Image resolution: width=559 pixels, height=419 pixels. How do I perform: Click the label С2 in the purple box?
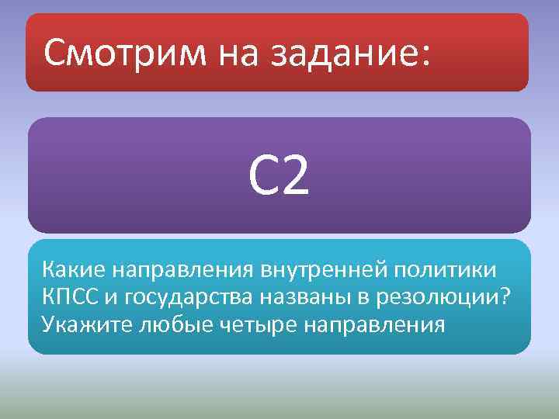click(279, 177)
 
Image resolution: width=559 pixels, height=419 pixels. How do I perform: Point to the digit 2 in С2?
click(296, 177)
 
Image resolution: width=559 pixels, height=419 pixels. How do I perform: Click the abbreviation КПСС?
click(72, 297)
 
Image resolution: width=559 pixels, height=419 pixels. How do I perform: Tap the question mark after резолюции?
click(507, 296)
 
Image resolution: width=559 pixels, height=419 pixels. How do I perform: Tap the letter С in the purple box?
click(262, 177)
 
